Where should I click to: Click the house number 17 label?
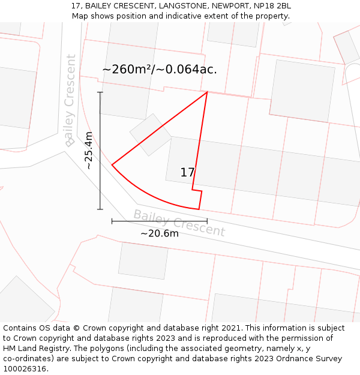coord(187,173)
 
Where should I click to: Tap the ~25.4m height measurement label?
coord(89,151)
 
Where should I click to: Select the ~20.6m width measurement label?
coord(160,233)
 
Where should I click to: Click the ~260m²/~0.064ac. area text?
coord(160,70)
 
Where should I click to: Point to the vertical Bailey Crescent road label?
coord(70,100)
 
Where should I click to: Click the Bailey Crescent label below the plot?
coord(179,223)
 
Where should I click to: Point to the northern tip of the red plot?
coord(207,92)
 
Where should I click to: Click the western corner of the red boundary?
coord(112,164)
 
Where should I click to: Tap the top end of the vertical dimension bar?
coord(100,92)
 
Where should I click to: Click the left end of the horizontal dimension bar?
coord(112,221)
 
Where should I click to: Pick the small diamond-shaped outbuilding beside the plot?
coord(151,134)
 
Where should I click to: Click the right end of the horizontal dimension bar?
coord(207,221)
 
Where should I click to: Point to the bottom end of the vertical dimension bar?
coord(100,209)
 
